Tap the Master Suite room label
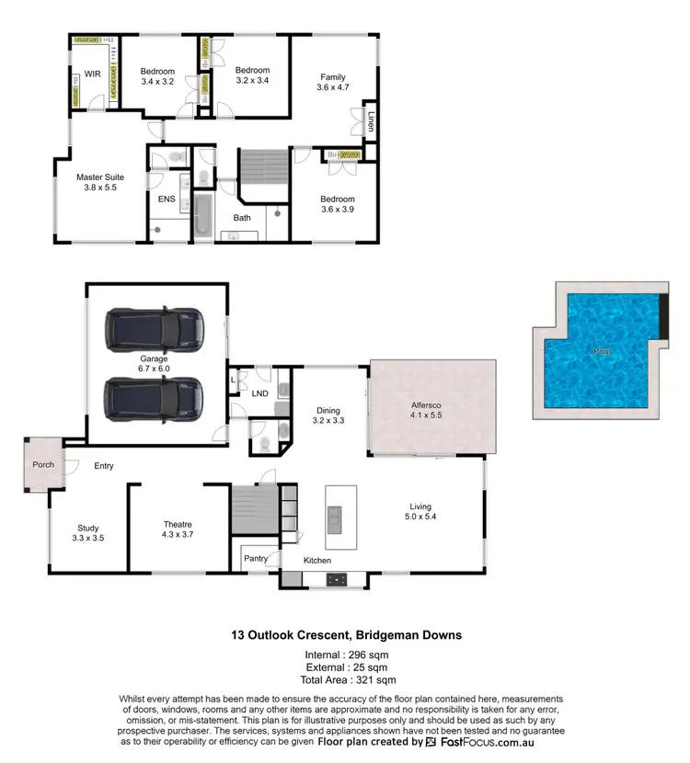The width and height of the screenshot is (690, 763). (100, 177)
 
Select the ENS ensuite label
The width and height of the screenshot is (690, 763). (167, 199)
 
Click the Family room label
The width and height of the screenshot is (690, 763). (333, 76)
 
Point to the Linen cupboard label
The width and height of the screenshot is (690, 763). (371, 121)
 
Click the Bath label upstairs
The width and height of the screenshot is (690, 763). (242, 218)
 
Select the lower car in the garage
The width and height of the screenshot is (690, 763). (154, 396)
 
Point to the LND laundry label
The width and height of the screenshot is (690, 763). (260, 393)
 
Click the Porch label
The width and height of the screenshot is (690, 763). (43, 464)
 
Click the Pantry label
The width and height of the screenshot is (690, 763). (255, 557)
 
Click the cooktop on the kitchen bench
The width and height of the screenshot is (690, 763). (338, 579)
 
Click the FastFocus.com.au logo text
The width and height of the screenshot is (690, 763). (471, 741)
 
